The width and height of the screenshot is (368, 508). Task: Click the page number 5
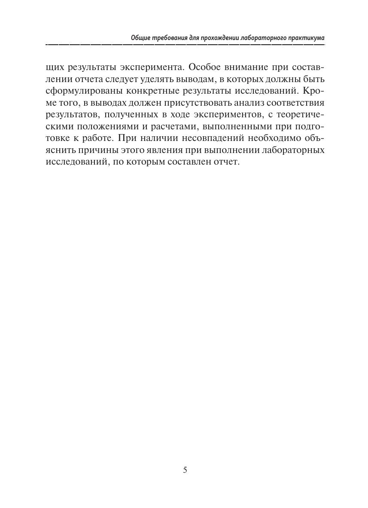[x=185, y=470]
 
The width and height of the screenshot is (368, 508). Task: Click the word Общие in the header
[x=140, y=38]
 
